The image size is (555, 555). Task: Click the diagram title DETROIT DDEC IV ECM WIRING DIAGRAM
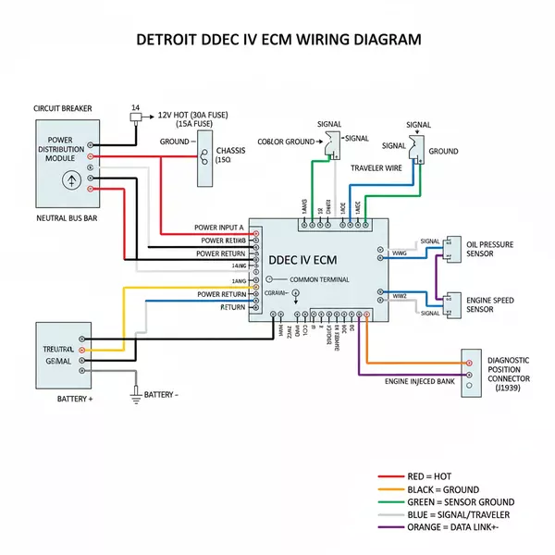pyautogui.click(x=277, y=40)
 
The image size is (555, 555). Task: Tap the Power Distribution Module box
pyautogui.click(x=67, y=162)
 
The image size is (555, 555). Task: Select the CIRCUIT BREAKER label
pyautogui.click(x=63, y=108)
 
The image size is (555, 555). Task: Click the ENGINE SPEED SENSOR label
pyautogui.click(x=490, y=304)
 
